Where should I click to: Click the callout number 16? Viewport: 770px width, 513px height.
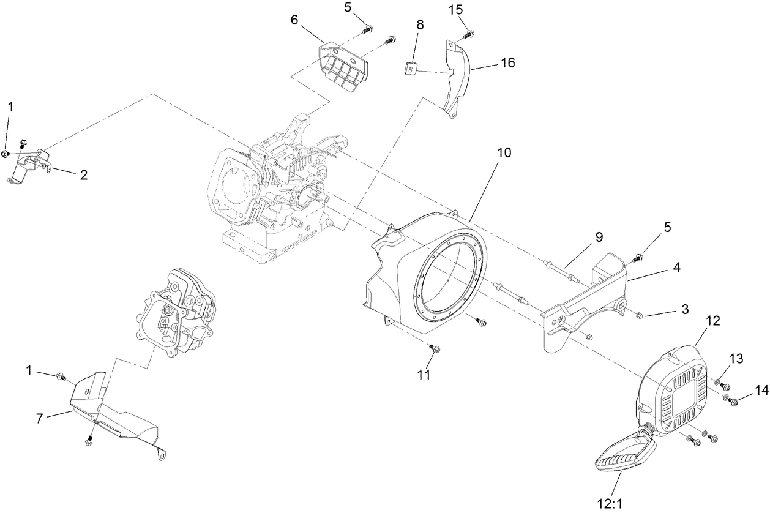coord(507,62)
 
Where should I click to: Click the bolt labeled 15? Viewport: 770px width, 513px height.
coord(469,33)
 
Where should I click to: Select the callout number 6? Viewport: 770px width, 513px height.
coord(294,20)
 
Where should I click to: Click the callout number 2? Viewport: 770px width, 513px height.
coord(84,174)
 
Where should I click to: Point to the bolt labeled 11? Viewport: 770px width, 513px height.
coord(435,349)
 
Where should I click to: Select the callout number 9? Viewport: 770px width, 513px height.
coord(599,236)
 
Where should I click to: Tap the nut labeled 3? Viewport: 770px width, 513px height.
coord(638,315)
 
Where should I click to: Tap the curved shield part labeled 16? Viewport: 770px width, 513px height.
coord(458,80)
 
